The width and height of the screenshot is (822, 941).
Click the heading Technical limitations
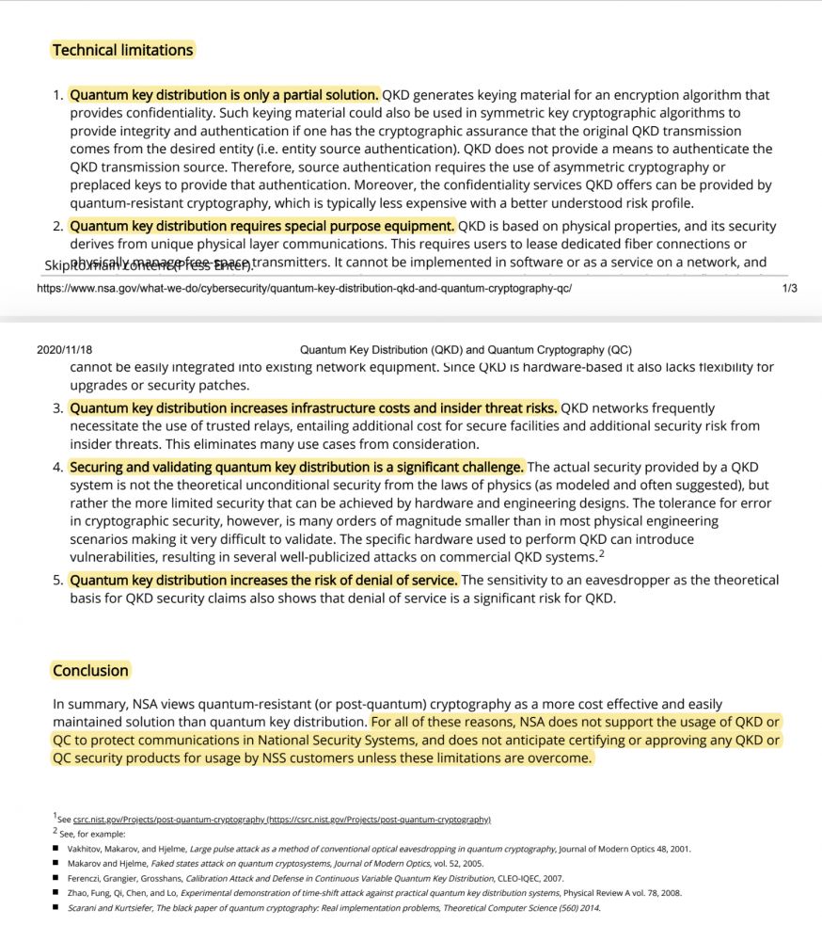click(x=122, y=50)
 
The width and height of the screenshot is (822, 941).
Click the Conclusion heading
click(x=90, y=670)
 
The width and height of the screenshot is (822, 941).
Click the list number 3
click(x=57, y=408)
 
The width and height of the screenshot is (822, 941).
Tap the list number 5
click(x=57, y=580)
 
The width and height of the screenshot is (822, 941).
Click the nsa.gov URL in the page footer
click(x=304, y=288)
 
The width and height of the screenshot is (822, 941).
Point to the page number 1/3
click(x=789, y=288)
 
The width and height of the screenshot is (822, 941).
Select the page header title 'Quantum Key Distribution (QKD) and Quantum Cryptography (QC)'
click(x=466, y=350)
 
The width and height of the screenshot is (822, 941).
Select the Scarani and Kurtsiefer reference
click(x=334, y=908)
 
